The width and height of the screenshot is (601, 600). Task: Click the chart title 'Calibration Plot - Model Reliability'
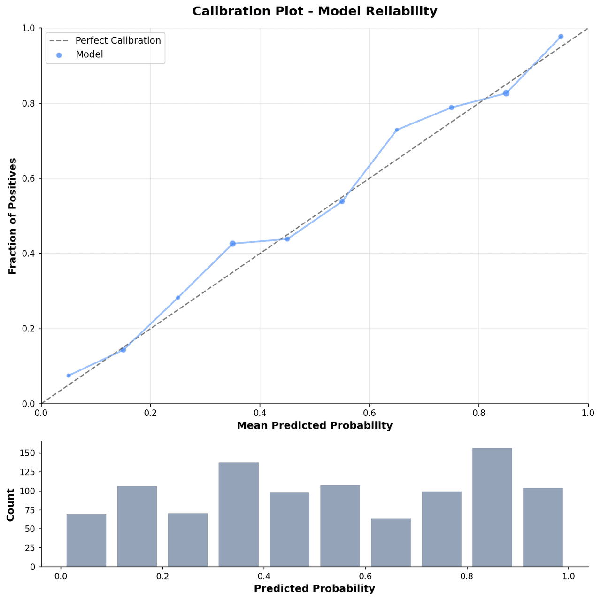315,11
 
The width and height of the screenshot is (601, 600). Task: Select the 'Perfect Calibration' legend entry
118,40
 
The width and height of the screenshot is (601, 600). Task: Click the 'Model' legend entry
89,54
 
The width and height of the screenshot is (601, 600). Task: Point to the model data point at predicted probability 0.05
69,376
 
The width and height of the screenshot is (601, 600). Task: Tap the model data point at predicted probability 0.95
561,37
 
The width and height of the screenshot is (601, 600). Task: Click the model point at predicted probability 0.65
397,130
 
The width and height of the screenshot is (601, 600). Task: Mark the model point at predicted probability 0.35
232,244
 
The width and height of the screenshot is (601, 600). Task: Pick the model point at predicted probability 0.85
506,93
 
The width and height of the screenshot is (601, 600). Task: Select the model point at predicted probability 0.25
178,298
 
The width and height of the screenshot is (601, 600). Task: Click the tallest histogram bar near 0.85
492,507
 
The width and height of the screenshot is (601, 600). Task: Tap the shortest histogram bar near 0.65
391,542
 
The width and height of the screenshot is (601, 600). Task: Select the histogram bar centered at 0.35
239,515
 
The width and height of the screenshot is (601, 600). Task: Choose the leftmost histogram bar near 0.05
86,540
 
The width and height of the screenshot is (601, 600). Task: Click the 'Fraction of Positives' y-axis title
13,216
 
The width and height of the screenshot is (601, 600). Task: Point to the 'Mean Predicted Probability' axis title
315,426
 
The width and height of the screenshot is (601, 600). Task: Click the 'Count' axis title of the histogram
10,504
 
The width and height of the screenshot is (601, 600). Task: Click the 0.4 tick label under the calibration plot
260,413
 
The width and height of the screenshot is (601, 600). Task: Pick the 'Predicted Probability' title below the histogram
315,589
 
